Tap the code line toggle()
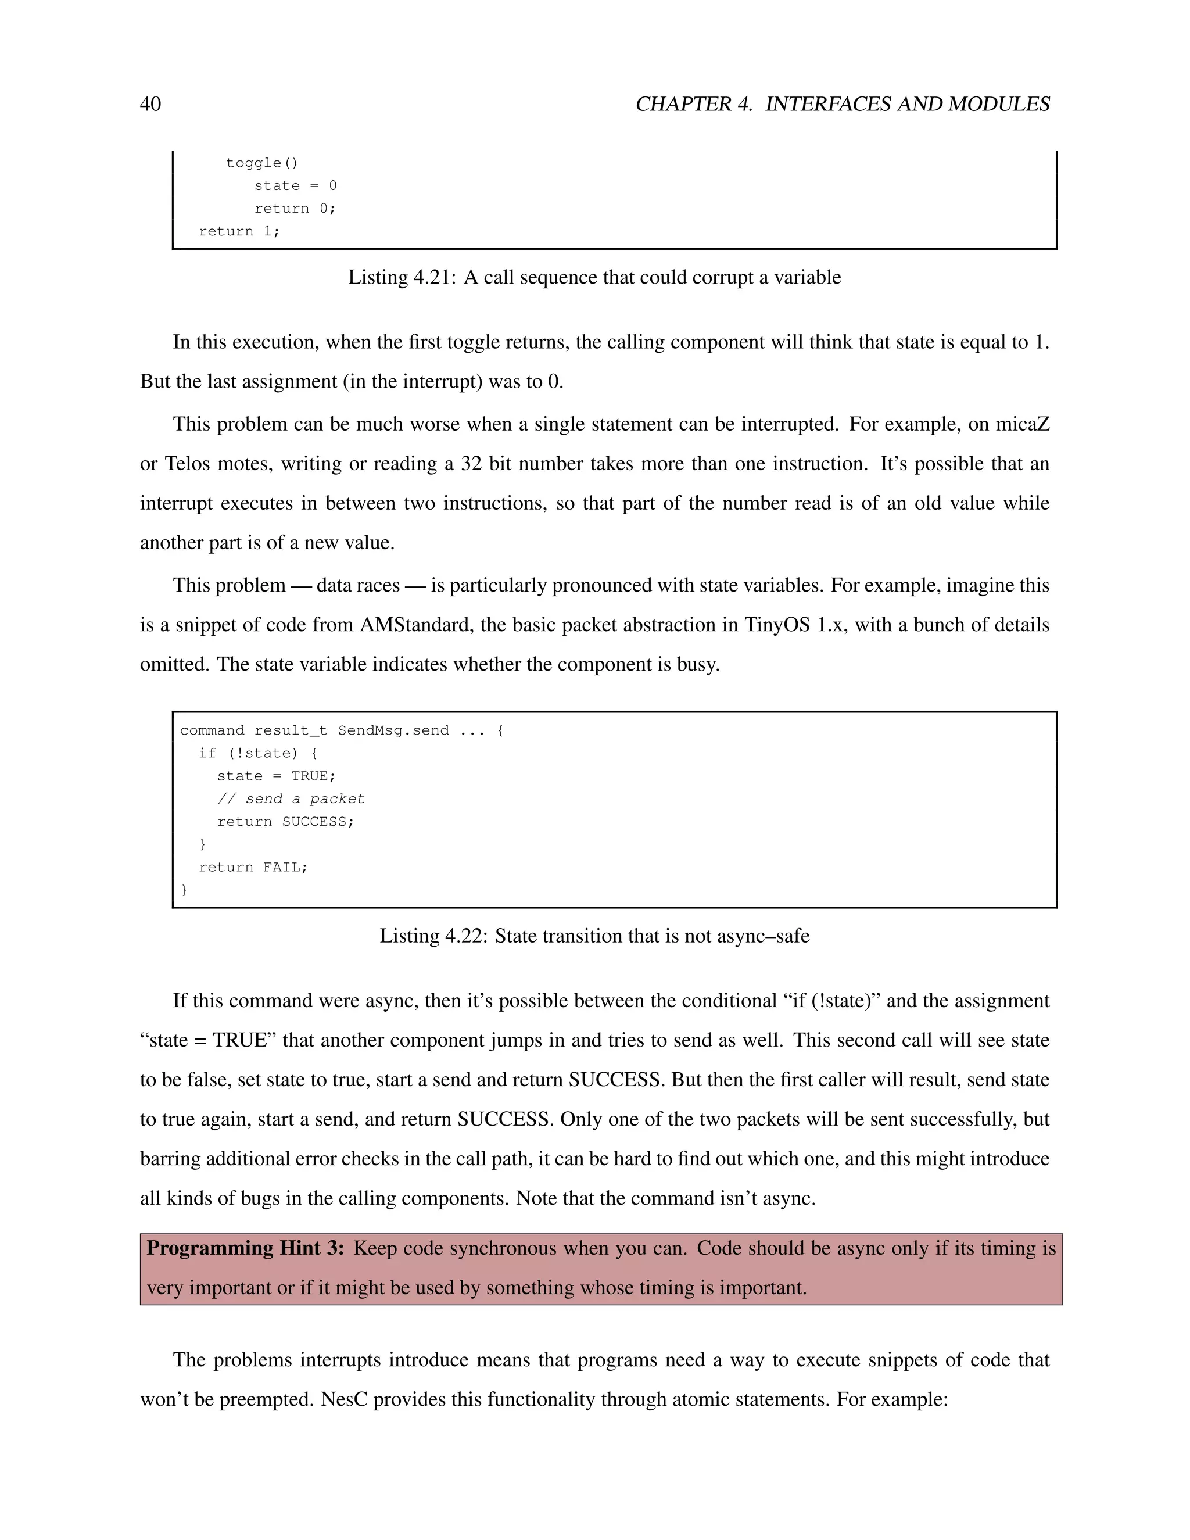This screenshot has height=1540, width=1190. pos(262,163)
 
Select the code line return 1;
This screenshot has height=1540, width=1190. pos(239,231)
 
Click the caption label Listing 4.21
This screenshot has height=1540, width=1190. pos(401,277)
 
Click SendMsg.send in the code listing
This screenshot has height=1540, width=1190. pos(393,730)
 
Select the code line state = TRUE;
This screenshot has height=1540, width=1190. pos(277,776)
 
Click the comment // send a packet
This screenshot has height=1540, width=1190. pos(291,799)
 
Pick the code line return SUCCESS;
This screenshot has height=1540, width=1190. pos(285,822)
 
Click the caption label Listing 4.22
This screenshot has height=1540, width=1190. pos(433,936)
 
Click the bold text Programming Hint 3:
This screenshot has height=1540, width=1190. pos(245,1248)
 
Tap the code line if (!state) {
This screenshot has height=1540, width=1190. pos(258,753)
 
